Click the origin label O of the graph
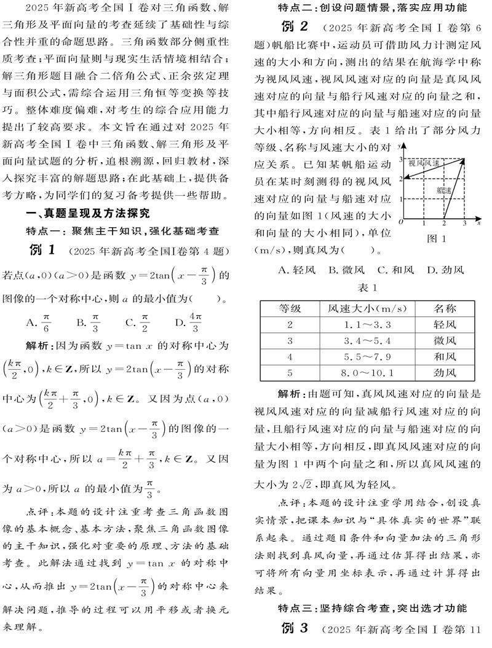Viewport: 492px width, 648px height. pyautogui.click(x=400, y=222)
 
